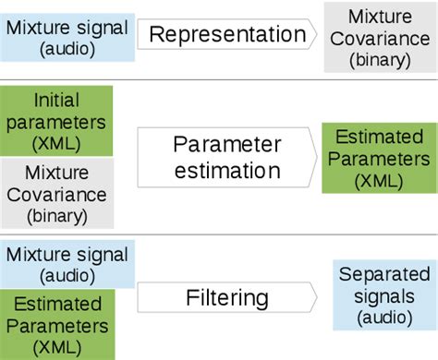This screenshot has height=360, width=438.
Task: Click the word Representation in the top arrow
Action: pyautogui.click(x=226, y=35)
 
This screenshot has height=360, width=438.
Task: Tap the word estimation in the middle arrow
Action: pyautogui.click(x=226, y=170)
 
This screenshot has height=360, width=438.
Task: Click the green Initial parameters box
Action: pyautogui.click(x=56, y=121)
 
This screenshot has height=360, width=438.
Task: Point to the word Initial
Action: pyautogui.click(x=56, y=99)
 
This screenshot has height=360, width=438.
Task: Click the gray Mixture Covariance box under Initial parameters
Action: pyautogui.click(x=56, y=194)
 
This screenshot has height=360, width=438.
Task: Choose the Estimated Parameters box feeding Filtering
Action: pyautogui.click(x=56, y=324)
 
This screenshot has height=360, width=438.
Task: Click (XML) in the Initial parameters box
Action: pyautogui.click(x=56, y=144)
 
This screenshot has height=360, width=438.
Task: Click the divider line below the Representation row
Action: pyautogui.click(x=219, y=79)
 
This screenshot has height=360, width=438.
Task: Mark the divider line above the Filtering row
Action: pyautogui.click(x=219, y=234)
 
